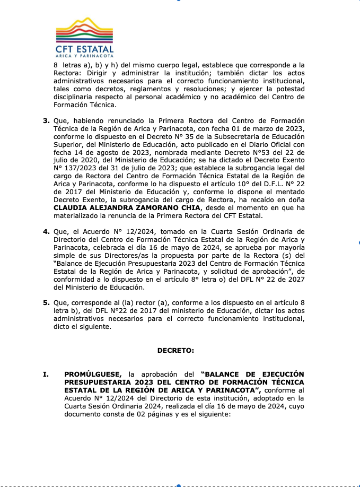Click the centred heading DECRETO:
pyautogui.click(x=176, y=350)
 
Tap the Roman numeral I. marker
pyautogui.click(x=46, y=374)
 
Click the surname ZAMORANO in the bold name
pyautogui.click(x=150, y=208)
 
